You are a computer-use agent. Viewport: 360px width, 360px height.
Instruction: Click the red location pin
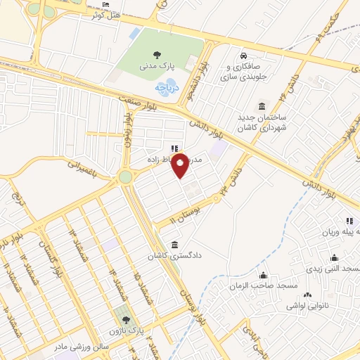(180, 165)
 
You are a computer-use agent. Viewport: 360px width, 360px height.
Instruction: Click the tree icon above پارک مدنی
(155, 54)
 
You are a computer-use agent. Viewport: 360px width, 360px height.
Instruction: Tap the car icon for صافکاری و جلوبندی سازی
(243, 56)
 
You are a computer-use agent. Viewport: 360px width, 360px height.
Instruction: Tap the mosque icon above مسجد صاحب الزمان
(263, 275)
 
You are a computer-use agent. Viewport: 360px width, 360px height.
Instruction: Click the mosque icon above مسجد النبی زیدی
(334, 257)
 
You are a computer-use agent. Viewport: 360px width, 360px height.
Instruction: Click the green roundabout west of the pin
(126, 176)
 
